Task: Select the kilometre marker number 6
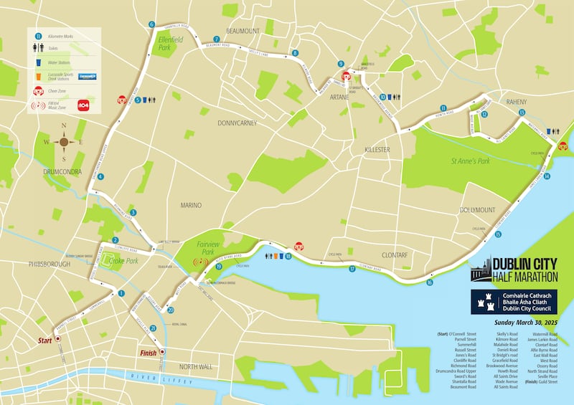coord(151,24)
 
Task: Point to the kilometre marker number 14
coord(547,176)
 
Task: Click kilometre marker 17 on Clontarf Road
coord(352,269)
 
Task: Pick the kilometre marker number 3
coord(133,212)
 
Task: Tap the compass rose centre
coord(64,142)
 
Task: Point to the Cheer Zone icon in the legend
coord(39,91)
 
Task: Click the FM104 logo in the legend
coord(83,105)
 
